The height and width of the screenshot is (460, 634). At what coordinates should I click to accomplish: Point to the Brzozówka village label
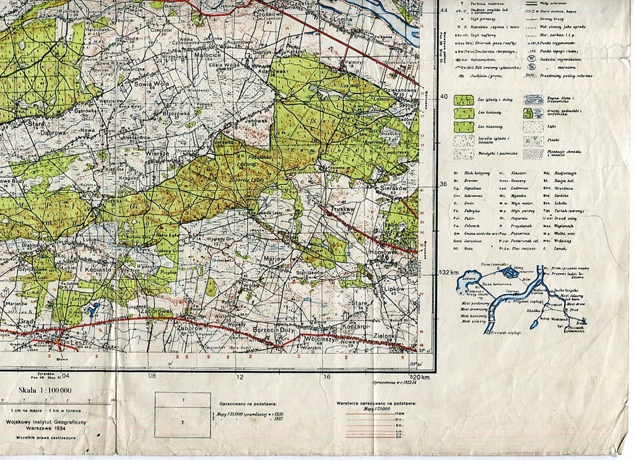pos(175,113)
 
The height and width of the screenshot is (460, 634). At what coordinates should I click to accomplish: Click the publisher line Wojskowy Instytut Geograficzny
pos(46,422)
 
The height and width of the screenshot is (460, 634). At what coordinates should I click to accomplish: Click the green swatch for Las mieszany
pos(464,127)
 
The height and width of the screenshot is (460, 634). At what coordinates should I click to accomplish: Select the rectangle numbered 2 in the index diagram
pos(182,422)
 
